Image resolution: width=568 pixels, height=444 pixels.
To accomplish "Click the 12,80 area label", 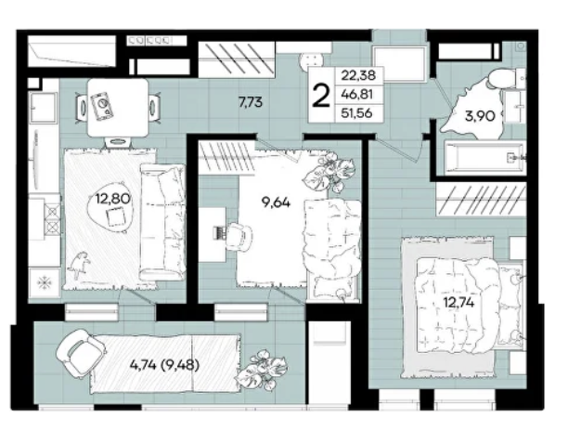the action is coord(112,199).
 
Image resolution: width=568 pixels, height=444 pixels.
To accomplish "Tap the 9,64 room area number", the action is coord(276,202).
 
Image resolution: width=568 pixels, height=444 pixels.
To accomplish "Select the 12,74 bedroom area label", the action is coord(459,302).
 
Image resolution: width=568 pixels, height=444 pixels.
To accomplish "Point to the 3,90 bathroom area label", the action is coord(480,116).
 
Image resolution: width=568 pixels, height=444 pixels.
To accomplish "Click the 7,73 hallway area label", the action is coord(251,102).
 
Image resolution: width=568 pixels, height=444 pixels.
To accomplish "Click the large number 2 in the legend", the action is coord(321,96).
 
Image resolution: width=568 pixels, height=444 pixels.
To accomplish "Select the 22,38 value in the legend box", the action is coord(358,75).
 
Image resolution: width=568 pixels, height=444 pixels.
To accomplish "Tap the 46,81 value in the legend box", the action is coord(357,94).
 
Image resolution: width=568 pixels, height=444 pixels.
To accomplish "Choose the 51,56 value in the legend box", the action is coord(357,113).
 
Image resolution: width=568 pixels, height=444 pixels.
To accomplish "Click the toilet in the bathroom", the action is coord(505,79).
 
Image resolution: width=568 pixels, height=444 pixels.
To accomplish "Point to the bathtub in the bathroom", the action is coord(484,158).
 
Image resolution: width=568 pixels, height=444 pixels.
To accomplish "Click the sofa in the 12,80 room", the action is coord(162,222).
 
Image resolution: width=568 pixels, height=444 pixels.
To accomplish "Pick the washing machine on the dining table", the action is coord(102,106).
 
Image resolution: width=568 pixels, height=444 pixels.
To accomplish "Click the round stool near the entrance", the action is coord(311,63).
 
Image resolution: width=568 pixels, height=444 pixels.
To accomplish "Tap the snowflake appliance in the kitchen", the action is coord(45,282).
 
